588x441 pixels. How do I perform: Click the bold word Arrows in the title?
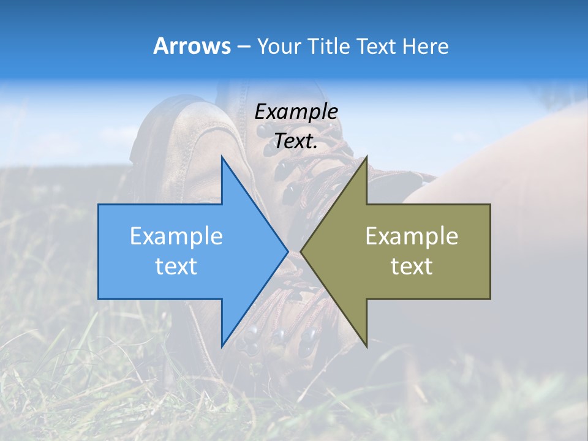coord(191,46)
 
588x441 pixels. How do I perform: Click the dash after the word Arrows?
coord(243,47)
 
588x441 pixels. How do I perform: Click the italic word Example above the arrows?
coord(296,112)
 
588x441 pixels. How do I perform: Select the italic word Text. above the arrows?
coord(296,141)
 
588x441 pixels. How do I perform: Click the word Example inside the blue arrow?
coord(176,236)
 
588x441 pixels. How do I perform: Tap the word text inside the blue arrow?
coord(176,266)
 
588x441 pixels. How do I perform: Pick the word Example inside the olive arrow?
coord(412,236)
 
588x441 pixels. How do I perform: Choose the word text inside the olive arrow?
coord(412,266)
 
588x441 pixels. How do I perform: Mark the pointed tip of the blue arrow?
coord(287,251)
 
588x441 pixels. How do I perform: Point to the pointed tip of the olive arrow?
coord(301,251)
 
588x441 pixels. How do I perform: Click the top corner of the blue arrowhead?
coord(222,157)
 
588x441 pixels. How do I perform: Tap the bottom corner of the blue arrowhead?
coord(222,346)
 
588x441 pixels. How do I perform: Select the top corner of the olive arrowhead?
coord(366,157)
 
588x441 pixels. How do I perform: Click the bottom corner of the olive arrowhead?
coord(366,346)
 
